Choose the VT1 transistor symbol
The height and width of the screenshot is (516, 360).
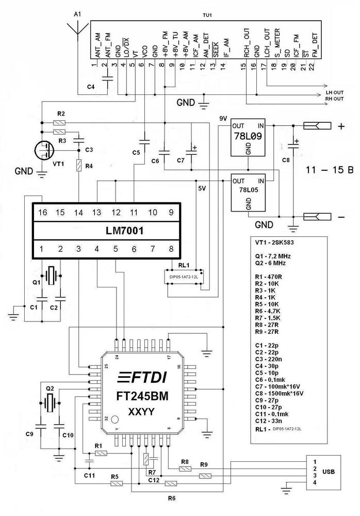point(43,151)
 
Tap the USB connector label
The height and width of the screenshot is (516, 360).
point(329,470)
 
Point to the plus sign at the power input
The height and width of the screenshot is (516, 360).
point(340,126)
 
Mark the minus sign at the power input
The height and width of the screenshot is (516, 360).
point(340,217)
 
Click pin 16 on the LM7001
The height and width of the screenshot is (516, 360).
point(42,212)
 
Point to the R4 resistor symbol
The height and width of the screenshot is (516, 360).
point(78,166)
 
